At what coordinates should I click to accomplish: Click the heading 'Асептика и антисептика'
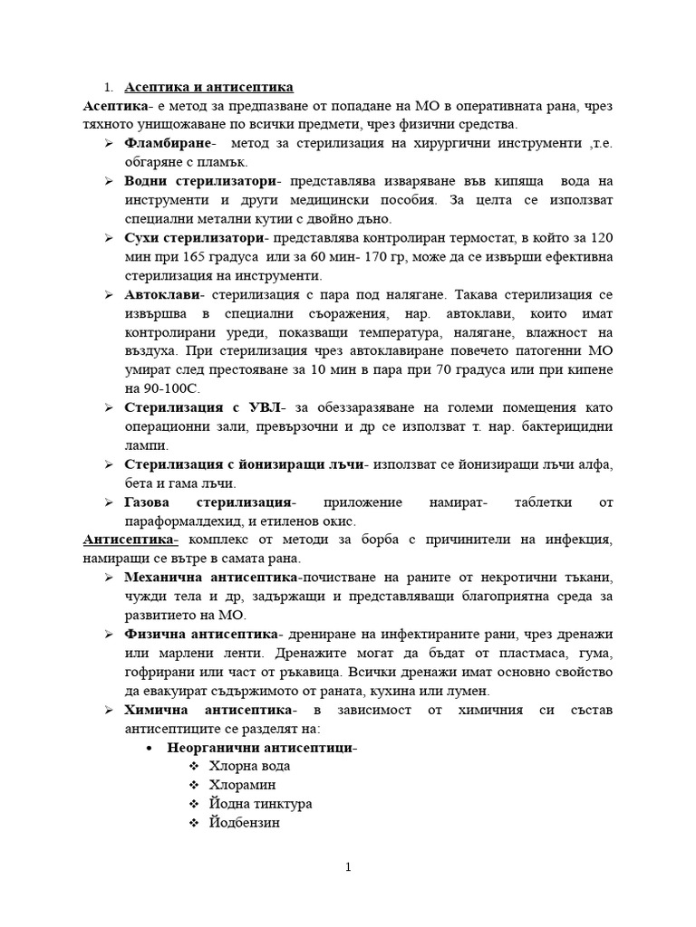(209, 87)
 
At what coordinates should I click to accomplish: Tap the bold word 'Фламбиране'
(168, 144)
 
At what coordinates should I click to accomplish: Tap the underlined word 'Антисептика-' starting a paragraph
(124, 540)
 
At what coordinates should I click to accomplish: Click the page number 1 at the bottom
(348, 867)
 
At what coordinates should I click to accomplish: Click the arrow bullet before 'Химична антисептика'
(108, 710)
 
